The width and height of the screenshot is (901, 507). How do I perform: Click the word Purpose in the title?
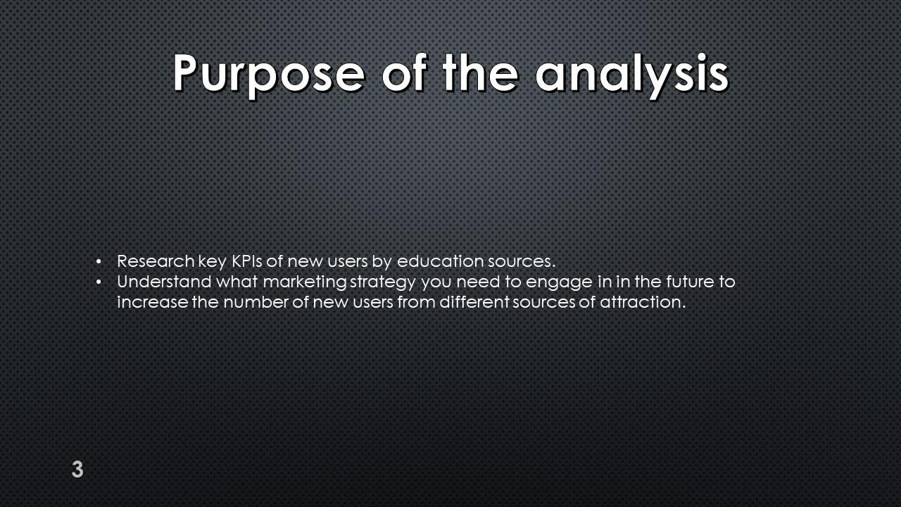[x=269, y=75]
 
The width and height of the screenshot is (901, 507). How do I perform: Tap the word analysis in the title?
[x=632, y=75]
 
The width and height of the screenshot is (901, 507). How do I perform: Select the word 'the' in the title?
[x=480, y=73]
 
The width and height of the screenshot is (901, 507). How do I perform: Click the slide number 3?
[x=77, y=469]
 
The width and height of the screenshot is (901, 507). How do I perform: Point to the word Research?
[x=156, y=261]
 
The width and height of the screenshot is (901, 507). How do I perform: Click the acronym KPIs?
[x=247, y=261]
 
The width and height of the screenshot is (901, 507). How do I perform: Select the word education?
[x=440, y=261]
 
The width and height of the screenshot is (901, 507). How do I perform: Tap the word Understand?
[x=164, y=282]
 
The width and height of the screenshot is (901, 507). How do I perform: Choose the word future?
[x=689, y=282]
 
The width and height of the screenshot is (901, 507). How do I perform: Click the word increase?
[x=153, y=302]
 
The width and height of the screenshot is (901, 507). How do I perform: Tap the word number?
[x=256, y=302]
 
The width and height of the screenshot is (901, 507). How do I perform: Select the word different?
[x=474, y=302]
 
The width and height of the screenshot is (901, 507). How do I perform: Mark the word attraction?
[x=643, y=302]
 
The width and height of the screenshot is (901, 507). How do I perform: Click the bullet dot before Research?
[x=99, y=262]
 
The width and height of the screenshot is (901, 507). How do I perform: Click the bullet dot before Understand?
[x=99, y=282]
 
